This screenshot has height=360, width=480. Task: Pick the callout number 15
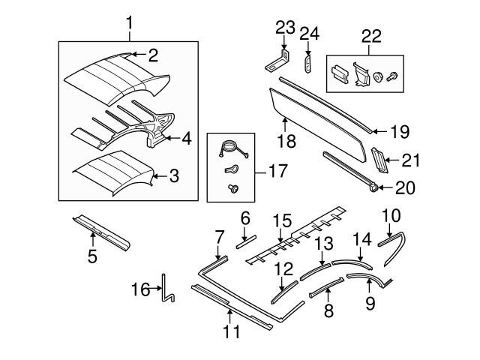click(x=281, y=220)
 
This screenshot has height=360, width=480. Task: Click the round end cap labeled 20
click(x=373, y=187)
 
